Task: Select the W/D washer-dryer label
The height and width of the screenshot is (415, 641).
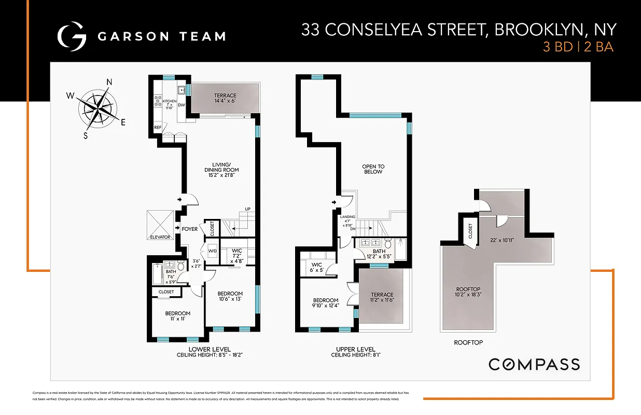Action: pyautogui.click(x=212, y=251)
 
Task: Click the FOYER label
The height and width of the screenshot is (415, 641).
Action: pyautogui.click(x=190, y=229)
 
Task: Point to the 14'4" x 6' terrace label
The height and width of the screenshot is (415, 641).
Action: pyautogui.click(x=225, y=99)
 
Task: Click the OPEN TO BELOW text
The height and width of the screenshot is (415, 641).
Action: pyautogui.click(x=373, y=169)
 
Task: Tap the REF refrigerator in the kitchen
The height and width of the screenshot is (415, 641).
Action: pyautogui.click(x=158, y=127)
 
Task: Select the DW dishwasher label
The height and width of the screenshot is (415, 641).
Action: pyautogui.click(x=181, y=105)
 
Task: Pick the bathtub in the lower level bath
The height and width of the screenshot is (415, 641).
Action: pyautogui.click(x=158, y=273)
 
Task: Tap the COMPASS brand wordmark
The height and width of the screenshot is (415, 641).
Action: pyautogui.click(x=534, y=364)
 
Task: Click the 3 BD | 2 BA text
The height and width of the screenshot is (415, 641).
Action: pyautogui.click(x=578, y=47)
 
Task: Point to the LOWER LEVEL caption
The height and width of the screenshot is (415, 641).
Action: pyautogui.click(x=203, y=349)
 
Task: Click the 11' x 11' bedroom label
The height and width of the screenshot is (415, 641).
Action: pyautogui.click(x=177, y=316)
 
